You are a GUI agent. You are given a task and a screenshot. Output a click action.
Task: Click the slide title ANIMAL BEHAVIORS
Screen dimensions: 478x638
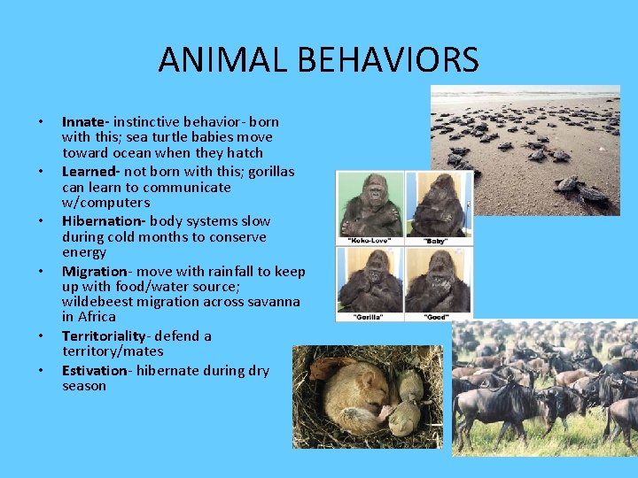(318, 60)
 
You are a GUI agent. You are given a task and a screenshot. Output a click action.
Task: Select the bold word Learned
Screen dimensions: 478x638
(89, 171)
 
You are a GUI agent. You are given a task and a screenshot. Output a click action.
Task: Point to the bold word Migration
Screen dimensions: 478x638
(94, 271)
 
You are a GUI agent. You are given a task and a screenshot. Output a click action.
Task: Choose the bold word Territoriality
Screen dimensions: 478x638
(104, 335)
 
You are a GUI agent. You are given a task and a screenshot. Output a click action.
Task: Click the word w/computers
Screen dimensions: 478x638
(105, 203)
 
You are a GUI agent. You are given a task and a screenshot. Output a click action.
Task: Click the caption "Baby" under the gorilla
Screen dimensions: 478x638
(438, 240)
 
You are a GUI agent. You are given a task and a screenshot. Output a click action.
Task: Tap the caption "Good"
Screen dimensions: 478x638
(438, 315)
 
